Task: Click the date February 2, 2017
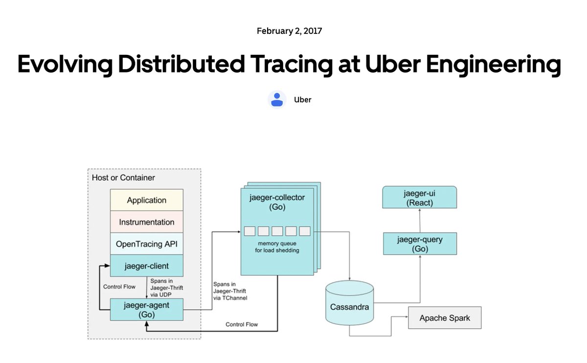(289, 31)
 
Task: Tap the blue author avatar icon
(277, 99)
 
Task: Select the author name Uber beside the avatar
(302, 100)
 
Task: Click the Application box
(146, 200)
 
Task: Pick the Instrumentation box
(146, 222)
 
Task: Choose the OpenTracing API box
(146, 244)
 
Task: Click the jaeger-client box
(146, 266)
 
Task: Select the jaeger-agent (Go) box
(146, 310)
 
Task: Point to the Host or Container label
(123, 177)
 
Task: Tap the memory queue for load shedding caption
(277, 246)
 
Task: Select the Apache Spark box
(445, 318)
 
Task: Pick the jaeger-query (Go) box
(420, 244)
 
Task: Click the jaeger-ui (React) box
(420, 198)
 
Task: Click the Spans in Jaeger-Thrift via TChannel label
(230, 291)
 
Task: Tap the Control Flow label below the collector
(242, 324)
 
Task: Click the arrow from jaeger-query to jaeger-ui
(420, 220)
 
